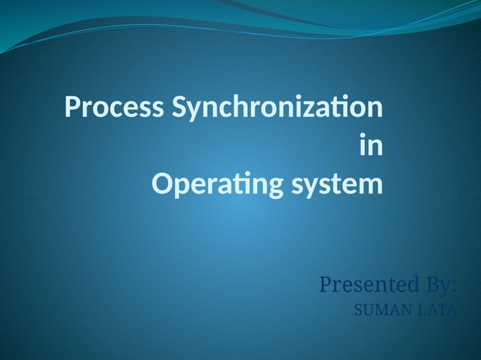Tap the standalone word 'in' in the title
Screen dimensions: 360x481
click(x=371, y=145)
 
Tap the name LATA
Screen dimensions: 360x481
click(x=434, y=310)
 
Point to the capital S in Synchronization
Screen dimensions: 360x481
click(x=179, y=107)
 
